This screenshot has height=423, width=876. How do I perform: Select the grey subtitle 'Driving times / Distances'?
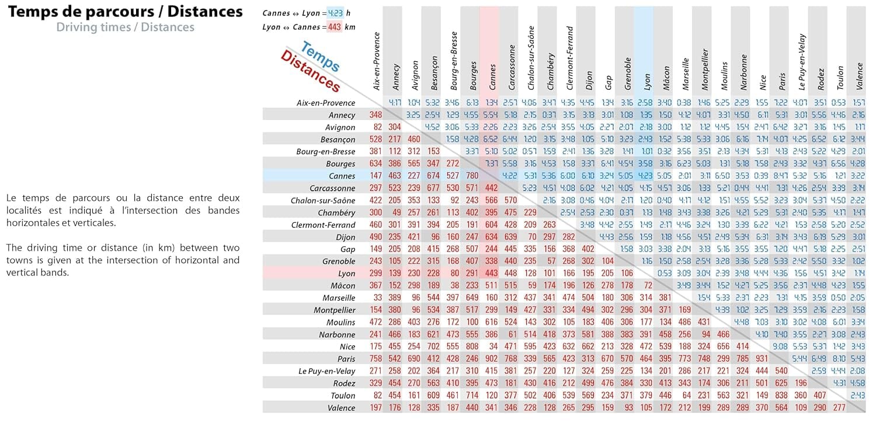pyautogui.click(x=125, y=27)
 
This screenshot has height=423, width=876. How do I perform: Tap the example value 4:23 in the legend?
pyautogui.click(x=335, y=13)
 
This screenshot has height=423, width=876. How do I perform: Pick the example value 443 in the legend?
pyautogui.click(x=335, y=27)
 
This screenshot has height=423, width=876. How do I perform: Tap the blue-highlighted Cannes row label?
pyautogui.click(x=342, y=176)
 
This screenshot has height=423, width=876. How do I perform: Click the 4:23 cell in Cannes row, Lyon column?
pyautogui.click(x=645, y=176)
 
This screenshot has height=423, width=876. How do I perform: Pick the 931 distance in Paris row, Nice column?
pyautogui.click(x=762, y=359)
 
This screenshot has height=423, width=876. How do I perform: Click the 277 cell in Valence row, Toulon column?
pyautogui.click(x=839, y=408)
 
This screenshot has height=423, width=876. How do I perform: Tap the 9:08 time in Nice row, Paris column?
pyautogui.click(x=781, y=347)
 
